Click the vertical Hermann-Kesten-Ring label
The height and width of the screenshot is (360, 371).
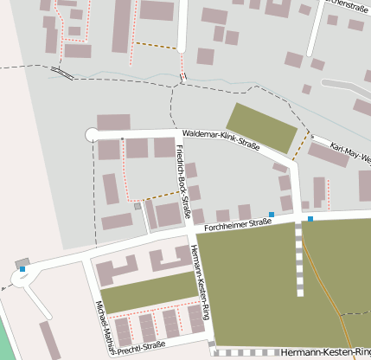pos(200,282)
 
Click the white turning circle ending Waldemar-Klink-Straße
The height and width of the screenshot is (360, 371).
pos(92,133)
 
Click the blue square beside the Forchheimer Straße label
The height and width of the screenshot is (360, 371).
pos(271,215)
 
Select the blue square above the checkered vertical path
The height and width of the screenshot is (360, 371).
pos(310,219)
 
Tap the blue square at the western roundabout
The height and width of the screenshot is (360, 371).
pos(22,269)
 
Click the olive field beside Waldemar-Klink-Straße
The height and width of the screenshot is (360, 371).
pos(262,127)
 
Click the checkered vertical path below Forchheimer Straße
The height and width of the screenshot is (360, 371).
pos(300,260)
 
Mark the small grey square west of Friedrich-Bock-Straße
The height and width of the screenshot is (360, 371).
pos(137,207)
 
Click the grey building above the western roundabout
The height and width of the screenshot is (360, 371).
pos(22,261)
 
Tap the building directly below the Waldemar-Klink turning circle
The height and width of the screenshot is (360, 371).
pos(108,150)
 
